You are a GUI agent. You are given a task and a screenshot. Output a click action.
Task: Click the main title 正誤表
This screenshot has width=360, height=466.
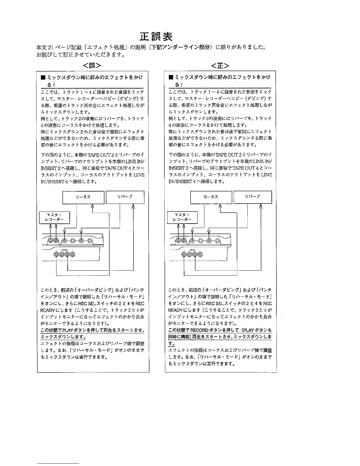(156, 37)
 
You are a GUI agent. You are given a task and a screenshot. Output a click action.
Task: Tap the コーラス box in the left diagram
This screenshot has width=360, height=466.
(83, 197)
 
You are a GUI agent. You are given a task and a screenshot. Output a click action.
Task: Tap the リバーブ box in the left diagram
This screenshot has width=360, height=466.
(125, 197)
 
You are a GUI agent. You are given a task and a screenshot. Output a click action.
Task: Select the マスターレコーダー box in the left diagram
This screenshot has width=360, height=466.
(54, 217)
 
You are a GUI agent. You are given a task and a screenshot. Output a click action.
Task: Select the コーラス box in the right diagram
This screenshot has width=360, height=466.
(211, 197)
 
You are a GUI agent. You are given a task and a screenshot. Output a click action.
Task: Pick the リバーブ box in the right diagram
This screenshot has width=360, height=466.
(253, 197)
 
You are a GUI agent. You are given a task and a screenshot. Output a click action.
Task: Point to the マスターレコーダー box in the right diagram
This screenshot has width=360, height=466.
(182, 217)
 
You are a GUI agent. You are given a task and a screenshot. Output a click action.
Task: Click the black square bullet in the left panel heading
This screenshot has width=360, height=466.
(43, 78)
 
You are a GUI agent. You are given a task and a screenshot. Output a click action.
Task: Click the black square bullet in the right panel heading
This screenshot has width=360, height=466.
(171, 78)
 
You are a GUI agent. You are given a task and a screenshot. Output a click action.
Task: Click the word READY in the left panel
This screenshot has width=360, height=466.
(47, 310)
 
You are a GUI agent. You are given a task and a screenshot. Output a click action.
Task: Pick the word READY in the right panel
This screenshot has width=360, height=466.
(175, 310)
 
